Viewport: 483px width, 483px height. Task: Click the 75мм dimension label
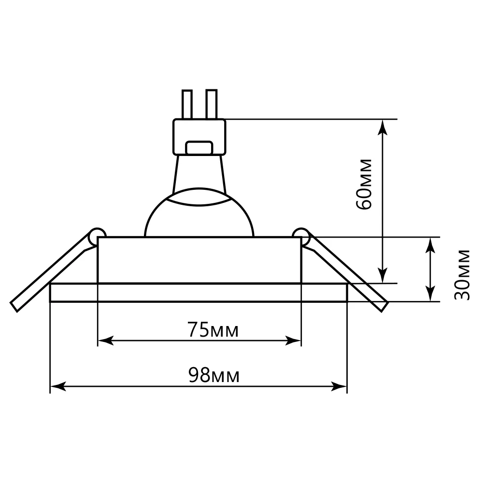(213, 330)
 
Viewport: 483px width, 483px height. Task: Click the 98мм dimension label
(214, 375)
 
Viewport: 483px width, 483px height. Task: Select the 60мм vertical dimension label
(364, 185)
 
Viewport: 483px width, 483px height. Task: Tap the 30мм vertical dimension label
(462, 275)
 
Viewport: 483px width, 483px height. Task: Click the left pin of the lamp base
(187, 104)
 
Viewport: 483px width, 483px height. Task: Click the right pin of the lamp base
(212, 104)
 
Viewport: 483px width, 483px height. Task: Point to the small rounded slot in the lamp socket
(199, 147)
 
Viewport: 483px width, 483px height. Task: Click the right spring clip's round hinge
(300, 236)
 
